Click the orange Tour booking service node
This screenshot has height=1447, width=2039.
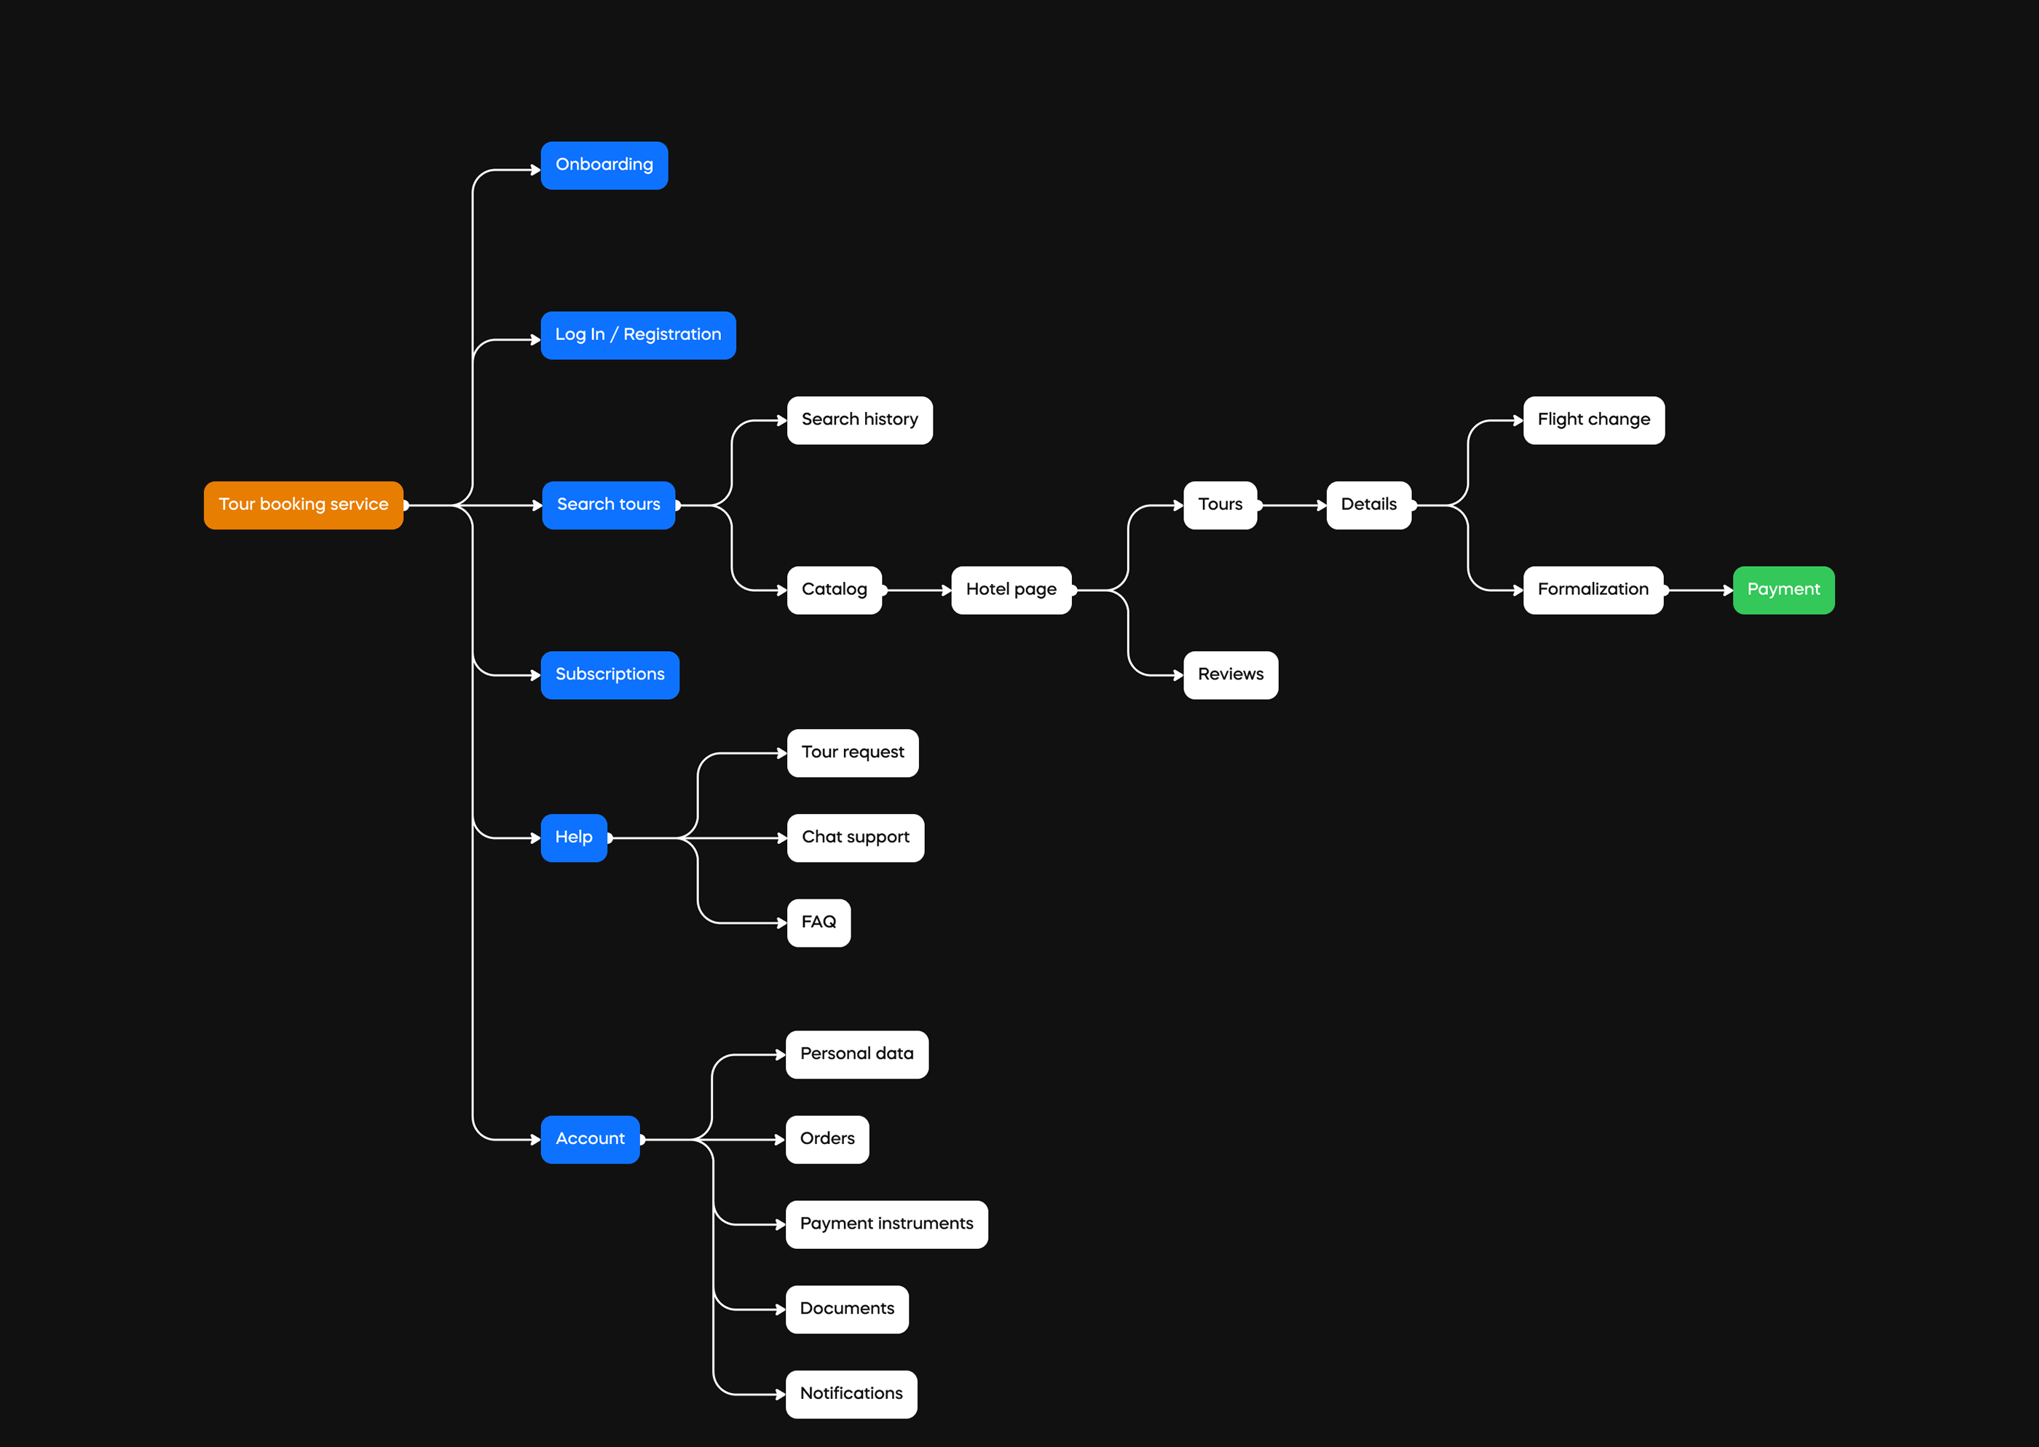click(x=303, y=505)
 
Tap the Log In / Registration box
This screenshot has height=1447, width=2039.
click(x=638, y=335)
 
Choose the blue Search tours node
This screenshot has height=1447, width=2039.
click(x=608, y=505)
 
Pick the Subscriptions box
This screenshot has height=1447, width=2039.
click(x=610, y=675)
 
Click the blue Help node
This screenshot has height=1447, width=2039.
click(x=574, y=837)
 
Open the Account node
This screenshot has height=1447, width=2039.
click(x=590, y=1140)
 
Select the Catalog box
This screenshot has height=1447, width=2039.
click(x=834, y=590)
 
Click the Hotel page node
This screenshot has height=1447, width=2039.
click(x=1011, y=590)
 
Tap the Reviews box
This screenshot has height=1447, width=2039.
click(x=1230, y=675)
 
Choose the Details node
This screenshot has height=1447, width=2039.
click(x=1368, y=505)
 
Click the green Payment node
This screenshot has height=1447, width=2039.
click(x=1783, y=590)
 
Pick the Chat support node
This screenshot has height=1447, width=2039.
click(x=855, y=837)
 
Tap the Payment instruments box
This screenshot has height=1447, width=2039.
click(x=886, y=1224)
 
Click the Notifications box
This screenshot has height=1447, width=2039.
click(x=851, y=1395)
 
